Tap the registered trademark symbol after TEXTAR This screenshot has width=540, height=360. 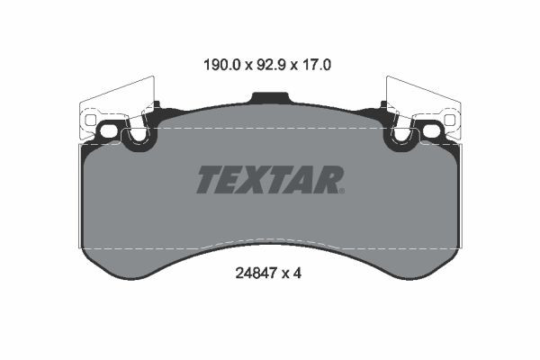pos(342,190)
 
